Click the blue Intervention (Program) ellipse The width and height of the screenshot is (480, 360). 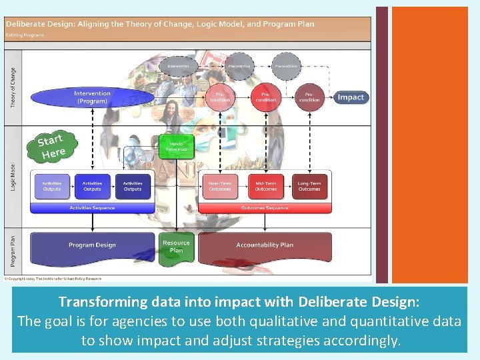coord(92,97)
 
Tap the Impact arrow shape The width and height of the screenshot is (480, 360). coord(350,97)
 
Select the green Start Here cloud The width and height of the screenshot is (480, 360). coord(51,147)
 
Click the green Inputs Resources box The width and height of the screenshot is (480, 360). coord(177,147)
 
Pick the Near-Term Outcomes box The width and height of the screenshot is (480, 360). coord(219,186)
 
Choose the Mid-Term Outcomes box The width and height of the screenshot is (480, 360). coord(265,186)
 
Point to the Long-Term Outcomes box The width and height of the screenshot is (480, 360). coord(309,186)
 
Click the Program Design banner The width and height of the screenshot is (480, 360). coord(92,245)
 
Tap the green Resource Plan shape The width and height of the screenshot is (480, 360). coord(176,246)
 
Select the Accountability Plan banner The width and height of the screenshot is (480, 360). coord(265,245)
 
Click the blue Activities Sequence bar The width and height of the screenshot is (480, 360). coord(92,208)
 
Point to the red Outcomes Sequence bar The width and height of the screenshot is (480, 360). coord(265,208)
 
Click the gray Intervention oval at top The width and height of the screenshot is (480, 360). coord(178,67)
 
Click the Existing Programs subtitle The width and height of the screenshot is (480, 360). coord(25,35)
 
